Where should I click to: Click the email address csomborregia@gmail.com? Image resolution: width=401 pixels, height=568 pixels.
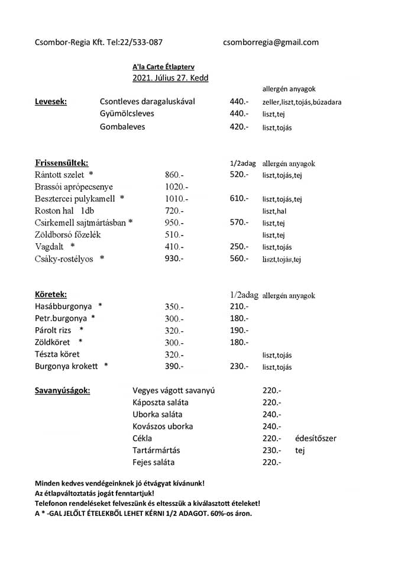271,42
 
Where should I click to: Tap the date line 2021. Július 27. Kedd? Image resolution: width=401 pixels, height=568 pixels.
170,78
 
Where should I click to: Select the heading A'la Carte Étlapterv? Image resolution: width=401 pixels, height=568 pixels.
163,67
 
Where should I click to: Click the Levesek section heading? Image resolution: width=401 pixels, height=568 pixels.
51,101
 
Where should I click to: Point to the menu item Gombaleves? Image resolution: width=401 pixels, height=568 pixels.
122,127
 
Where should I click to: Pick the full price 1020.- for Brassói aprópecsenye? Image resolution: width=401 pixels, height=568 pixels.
177,187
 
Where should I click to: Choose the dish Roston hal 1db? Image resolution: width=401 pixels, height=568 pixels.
64,211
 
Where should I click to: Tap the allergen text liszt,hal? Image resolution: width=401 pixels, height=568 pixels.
274,211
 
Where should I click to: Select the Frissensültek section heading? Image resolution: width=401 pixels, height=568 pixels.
62,163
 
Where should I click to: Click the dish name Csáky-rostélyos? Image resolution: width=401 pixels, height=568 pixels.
64,259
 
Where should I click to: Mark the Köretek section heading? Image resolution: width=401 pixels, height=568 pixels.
51,294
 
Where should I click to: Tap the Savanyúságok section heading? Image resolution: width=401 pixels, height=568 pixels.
63,390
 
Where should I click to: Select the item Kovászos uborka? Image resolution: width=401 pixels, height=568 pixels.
163,426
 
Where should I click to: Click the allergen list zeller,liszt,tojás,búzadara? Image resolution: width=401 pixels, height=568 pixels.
302,102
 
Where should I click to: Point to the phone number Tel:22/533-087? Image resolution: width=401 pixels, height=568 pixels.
135,42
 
